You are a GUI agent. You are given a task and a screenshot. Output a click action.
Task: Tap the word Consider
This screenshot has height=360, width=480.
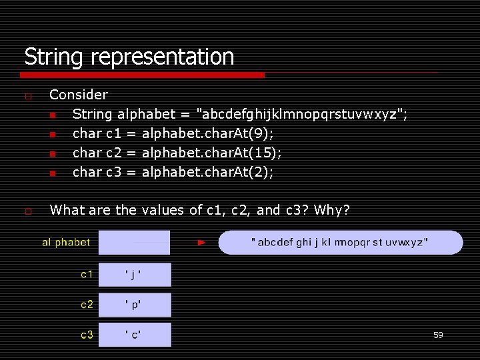(x=79, y=95)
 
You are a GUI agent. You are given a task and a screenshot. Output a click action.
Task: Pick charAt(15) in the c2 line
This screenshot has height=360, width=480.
(x=212, y=153)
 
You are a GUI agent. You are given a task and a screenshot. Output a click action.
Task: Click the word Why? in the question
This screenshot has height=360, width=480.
(x=331, y=210)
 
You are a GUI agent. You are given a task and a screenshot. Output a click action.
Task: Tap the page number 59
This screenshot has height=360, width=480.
(x=438, y=335)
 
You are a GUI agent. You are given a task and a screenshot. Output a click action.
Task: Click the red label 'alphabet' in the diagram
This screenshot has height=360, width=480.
(x=66, y=243)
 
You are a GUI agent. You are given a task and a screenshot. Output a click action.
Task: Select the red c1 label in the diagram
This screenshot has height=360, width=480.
(x=87, y=274)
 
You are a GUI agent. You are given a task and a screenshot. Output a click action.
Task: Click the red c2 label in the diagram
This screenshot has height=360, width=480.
(x=87, y=305)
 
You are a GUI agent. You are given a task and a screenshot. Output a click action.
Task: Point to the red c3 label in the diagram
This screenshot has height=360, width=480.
(x=87, y=335)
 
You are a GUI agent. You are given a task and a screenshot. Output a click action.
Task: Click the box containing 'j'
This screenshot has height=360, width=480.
(x=135, y=274)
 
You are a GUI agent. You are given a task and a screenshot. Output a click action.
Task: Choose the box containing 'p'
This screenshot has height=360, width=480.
(x=135, y=305)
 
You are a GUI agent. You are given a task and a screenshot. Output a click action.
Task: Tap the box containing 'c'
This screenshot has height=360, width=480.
(x=135, y=335)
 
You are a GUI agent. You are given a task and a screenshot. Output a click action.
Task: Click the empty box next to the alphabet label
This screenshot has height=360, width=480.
(x=135, y=243)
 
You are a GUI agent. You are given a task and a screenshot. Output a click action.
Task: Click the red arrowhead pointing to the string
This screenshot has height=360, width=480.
(x=202, y=243)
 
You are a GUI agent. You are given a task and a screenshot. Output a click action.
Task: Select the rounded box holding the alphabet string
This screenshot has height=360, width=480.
(x=340, y=243)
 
